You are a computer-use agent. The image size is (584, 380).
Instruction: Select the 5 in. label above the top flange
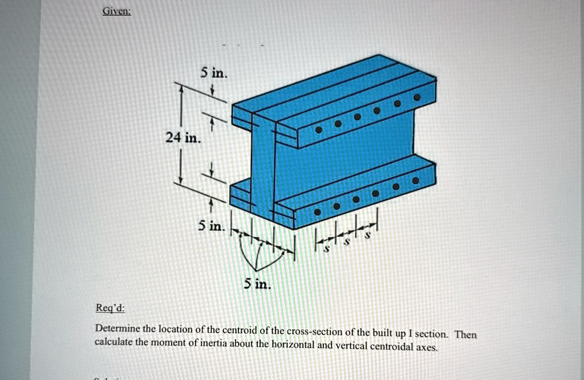coord(213,74)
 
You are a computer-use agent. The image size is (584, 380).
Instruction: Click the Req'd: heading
coord(109,309)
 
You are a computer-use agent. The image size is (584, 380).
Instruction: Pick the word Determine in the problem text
coord(117,329)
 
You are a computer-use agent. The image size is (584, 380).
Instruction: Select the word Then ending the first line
coord(465,334)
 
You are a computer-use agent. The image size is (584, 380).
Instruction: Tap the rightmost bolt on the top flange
coord(417,98)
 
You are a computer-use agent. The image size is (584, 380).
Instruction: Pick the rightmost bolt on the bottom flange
coord(416,180)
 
